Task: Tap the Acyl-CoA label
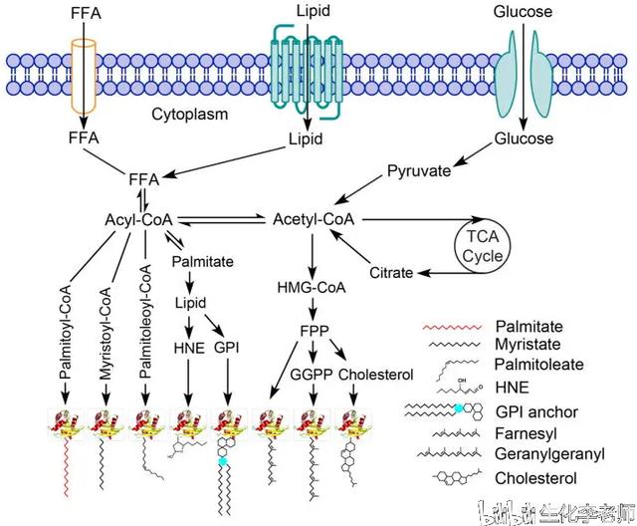(x=139, y=218)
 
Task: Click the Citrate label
(x=390, y=271)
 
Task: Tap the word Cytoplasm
(x=189, y=114)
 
